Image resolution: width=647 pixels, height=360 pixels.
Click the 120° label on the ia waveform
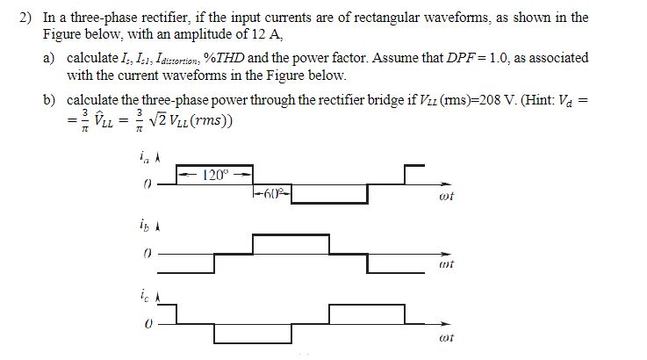(215, 174)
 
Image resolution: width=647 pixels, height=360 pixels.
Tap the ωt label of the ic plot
(446, 336)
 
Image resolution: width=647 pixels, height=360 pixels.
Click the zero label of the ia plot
(147, 184)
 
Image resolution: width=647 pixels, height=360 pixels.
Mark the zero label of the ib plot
(147, 252)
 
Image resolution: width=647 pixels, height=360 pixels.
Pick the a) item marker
(51, 58)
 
